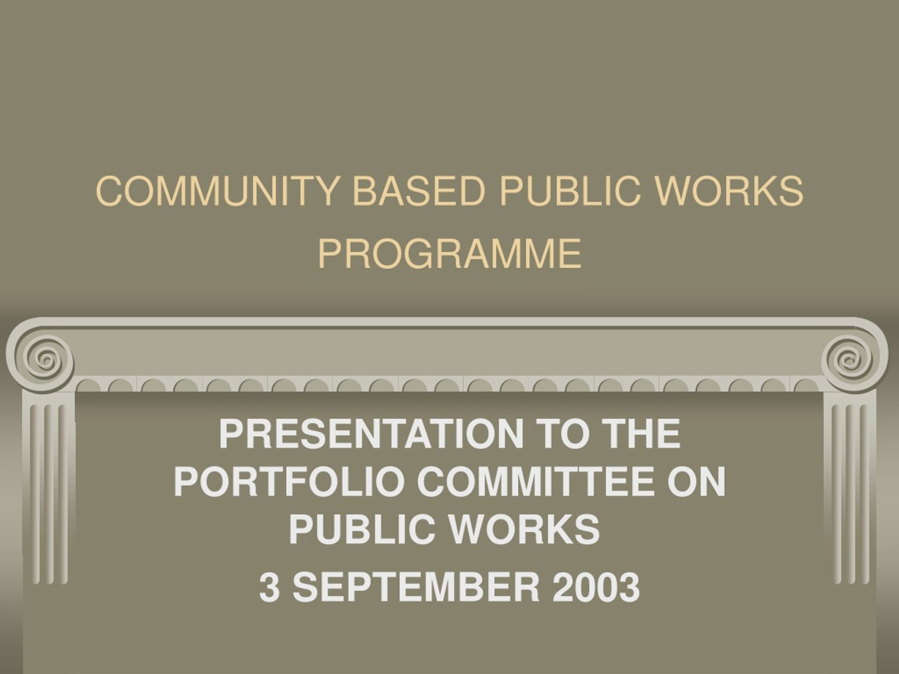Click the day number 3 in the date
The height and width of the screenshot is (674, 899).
(269, 587)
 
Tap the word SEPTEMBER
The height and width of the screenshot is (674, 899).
(416, 587)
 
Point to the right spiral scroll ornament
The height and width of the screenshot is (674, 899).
(848, 359)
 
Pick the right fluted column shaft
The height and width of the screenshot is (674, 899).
(850, 494)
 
